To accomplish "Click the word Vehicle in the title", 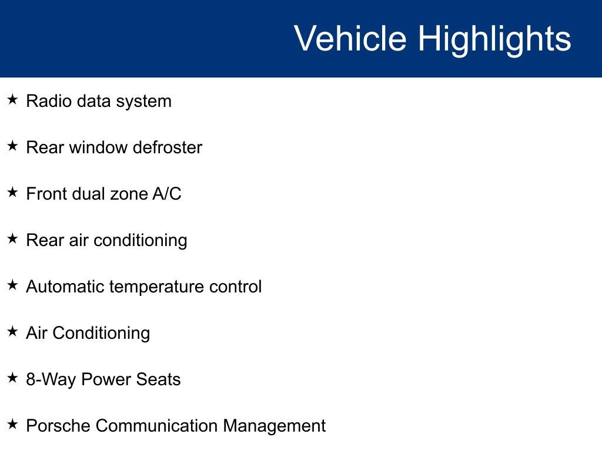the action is (350, 38).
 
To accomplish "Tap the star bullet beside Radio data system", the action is (13, 100).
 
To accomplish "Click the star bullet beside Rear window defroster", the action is (13, 146).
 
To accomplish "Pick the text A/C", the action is (167, 194).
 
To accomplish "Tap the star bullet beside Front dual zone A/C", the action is (13, 192).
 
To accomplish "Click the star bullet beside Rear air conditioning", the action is (13, 238).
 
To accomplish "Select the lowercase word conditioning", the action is (141, 241).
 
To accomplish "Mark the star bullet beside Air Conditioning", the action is (13, 331).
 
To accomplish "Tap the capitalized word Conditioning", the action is (101, 334).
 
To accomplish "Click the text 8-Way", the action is (51, 380).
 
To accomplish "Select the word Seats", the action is (159, 379).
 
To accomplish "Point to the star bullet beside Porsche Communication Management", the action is (13, 424).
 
